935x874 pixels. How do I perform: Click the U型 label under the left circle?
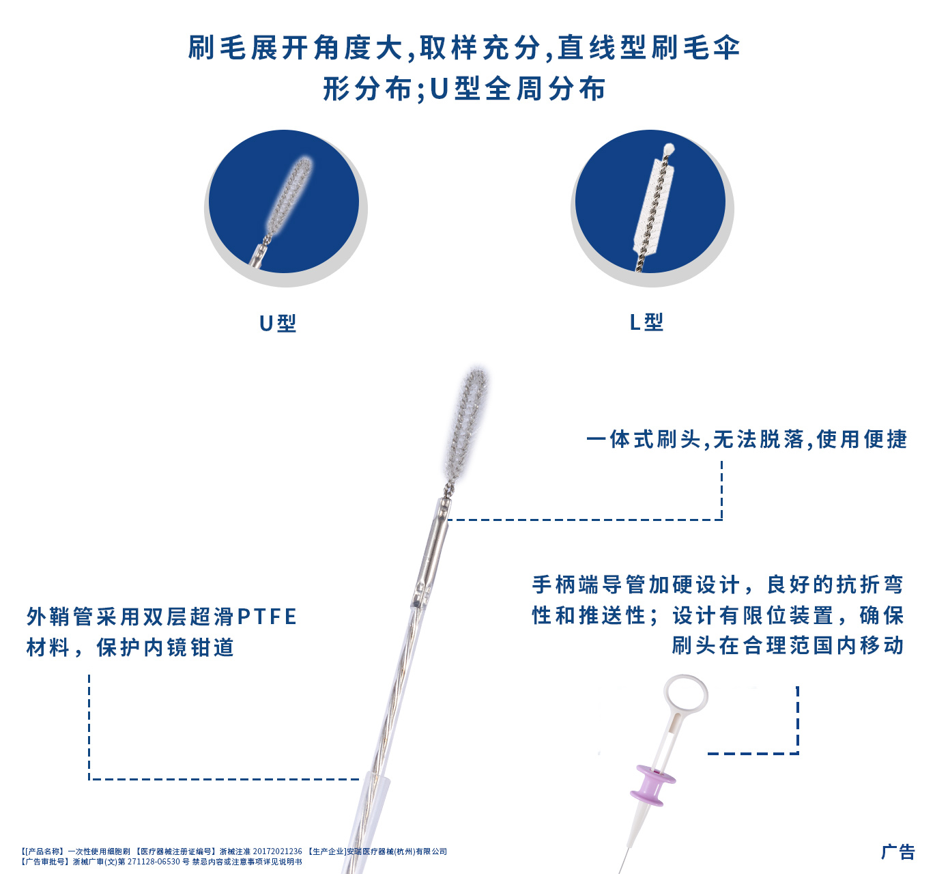[x=278, y=323]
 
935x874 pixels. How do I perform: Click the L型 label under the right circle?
[x=646, y=322]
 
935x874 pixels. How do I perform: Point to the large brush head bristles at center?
[x=467, y=423]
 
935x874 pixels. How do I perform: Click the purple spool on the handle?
[x=652, y=785]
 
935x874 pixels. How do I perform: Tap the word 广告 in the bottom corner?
[x=897, y=851]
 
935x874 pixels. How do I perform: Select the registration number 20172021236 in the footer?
[x=277, y=851]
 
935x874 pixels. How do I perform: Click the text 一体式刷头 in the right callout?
[x=644, y=439]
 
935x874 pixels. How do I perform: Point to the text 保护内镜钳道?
[x=166, y=647]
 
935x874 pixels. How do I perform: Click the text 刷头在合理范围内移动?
[x=788, y=645]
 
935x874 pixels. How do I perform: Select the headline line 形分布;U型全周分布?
[x=464, y=89]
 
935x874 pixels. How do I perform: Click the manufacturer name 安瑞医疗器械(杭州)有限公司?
[x=397, y=851]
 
